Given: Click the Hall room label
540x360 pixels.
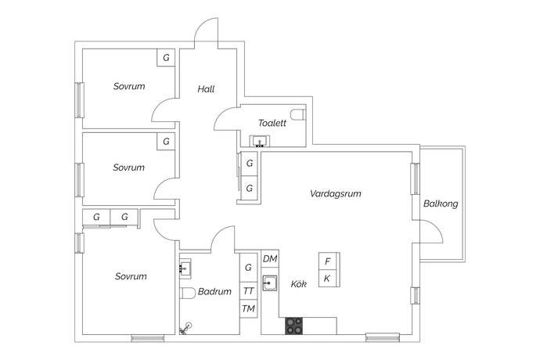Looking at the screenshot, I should tap(206, 90).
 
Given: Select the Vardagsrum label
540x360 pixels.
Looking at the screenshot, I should tap(335, 193).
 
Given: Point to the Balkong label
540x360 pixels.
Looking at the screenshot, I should tap(441, 204).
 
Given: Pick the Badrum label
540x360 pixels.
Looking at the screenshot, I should tap(214, 291).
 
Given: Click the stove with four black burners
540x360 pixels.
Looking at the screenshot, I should tap(294, 325).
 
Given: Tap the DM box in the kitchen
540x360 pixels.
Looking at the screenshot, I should tap(270, 259).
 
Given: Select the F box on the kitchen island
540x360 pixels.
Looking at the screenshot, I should tap(327, 261).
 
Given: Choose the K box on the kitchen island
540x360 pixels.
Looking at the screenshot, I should tap(327, 279).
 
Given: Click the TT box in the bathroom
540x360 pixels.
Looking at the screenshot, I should tap(249, 290).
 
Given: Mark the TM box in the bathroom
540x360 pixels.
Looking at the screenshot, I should tap(249, 309).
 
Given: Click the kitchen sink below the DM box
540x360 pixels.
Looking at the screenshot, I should tap(270, 283).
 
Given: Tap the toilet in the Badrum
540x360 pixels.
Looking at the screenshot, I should tap(187, 293).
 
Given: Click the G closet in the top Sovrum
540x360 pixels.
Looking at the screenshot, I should tap(165, 58).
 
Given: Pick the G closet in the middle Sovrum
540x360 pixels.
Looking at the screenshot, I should tap(165, 142).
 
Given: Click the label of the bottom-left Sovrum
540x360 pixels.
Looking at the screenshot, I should tap(131, 276).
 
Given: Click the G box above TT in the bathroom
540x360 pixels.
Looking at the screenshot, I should tap(249, 268).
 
